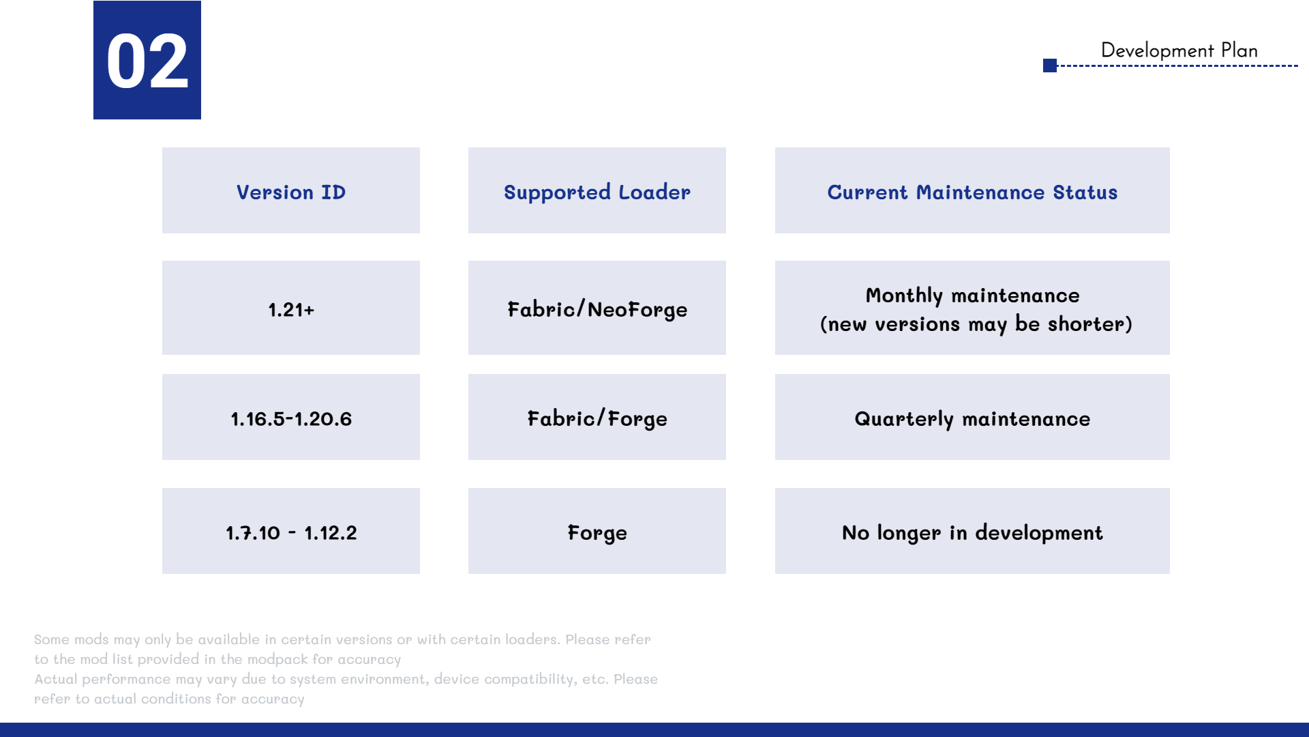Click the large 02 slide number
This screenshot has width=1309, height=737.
147,61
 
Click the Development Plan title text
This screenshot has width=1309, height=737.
1179,50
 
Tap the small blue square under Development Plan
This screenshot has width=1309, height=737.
1050,66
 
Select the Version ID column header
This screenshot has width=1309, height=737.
291,190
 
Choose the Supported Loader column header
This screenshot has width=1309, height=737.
597,190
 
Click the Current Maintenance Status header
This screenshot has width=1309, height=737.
972,190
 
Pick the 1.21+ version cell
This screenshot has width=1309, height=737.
291,308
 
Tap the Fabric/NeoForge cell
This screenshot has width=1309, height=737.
597,308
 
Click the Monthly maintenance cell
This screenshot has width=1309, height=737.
972,308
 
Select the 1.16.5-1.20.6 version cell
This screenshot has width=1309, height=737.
291,417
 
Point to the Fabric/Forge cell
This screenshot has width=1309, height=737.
597,417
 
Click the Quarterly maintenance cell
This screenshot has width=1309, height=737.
972,417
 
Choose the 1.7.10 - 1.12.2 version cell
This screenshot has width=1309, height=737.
291,531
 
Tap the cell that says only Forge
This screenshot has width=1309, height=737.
597,531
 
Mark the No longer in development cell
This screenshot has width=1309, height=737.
972,531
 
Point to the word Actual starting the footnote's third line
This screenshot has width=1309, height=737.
56,679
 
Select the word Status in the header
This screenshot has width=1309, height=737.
1085,192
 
